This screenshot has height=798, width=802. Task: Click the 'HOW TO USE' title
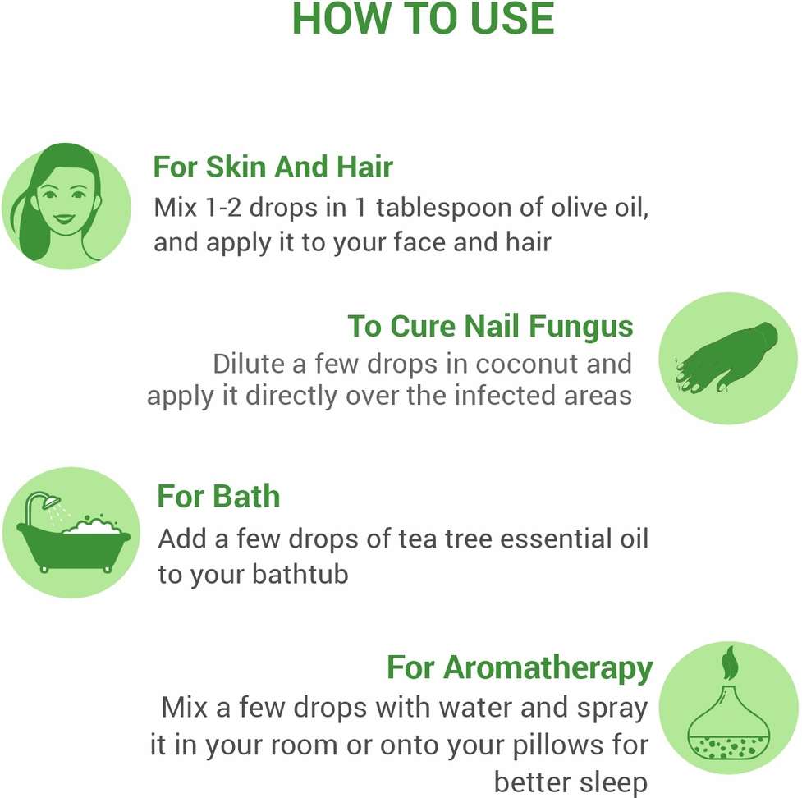point(423,19)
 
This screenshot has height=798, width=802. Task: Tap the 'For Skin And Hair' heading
point(273,167)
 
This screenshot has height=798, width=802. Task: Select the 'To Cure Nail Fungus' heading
point(490,327)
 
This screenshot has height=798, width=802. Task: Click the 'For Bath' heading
point(218,496)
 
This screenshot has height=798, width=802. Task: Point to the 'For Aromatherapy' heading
point(520,668)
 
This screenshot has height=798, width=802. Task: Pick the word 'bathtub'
point(300,573)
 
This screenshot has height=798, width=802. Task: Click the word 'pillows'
point(554,745)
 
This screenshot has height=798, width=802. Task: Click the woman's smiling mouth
point(65,219)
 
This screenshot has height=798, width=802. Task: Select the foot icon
point(726,358)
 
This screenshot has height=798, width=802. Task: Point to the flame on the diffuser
point(729,663)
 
